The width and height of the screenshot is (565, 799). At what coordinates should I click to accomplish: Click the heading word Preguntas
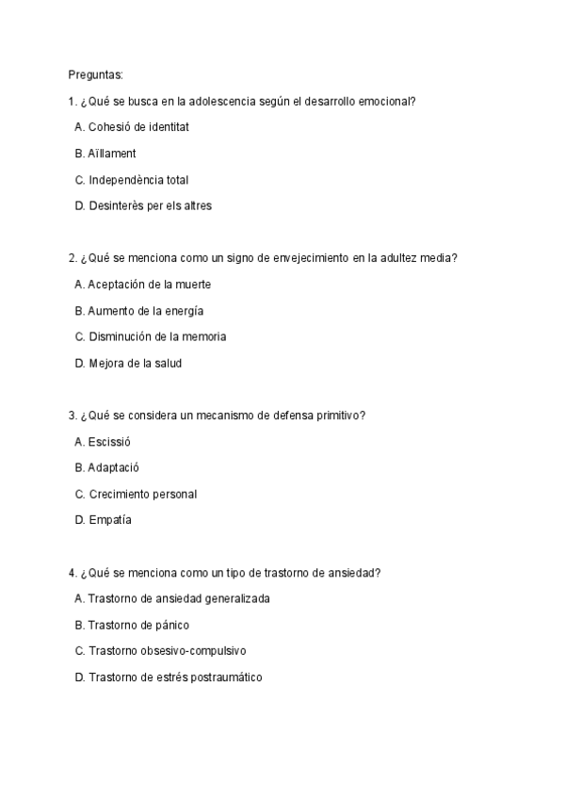click(x=95, y=73)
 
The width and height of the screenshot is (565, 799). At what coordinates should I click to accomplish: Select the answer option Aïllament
click(x=111, y=153)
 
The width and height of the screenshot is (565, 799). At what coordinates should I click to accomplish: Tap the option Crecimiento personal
click(x=142, y=495)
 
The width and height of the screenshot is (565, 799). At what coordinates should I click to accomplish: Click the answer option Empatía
click(x=109, y=520)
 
